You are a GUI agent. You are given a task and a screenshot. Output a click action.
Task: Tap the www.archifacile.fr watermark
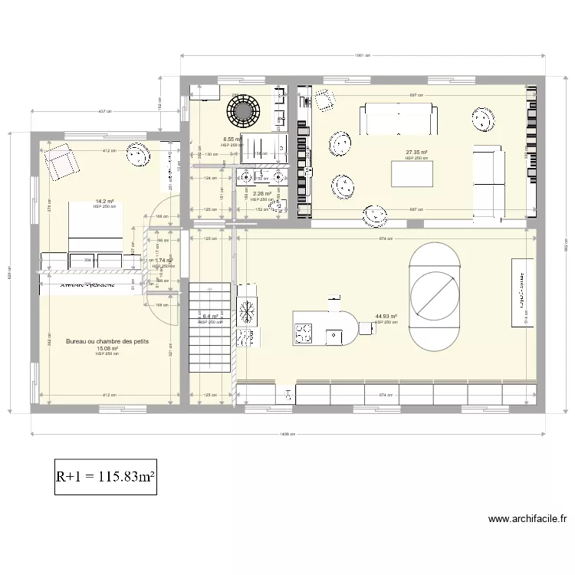[527, 519]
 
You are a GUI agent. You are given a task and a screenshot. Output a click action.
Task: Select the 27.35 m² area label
[416, 153]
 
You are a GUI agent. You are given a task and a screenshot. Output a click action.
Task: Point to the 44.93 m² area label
[386, 316]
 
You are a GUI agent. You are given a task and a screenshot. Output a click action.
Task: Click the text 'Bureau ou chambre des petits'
[107, 341]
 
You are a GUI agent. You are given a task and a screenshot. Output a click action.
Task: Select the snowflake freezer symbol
[247, 310]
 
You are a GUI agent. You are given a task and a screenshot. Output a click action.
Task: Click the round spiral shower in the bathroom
[244, 112]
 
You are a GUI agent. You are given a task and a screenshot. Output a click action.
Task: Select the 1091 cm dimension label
[363, 55]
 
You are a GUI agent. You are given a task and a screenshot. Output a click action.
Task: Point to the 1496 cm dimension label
[288, 435]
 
